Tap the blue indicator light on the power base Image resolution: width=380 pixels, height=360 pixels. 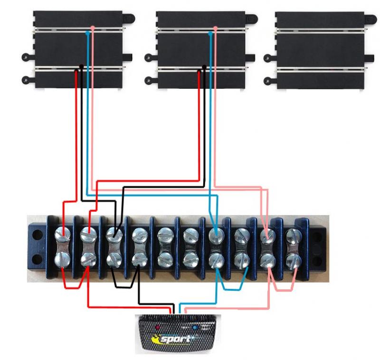(195, 328)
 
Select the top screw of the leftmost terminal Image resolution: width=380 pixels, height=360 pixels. (63, 234)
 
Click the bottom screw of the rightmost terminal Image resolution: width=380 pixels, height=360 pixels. (293, 260)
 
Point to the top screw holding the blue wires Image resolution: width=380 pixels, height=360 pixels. (216, 234)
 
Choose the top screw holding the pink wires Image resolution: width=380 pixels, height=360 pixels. (268, 235)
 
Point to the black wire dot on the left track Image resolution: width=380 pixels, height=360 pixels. (82, 67)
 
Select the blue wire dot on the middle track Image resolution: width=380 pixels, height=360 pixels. (210, 34)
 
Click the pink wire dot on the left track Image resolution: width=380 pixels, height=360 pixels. (92, 29)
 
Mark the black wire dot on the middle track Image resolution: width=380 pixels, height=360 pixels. (204, 67)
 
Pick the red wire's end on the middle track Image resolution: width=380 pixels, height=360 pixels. (199, 72)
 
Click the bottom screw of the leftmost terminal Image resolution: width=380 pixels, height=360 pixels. (63, 260)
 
